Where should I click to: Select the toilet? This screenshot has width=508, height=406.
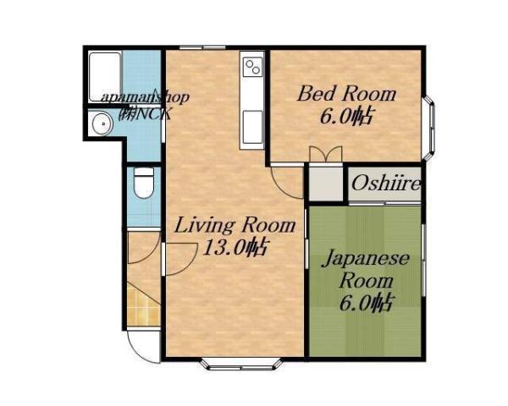click(144, 183)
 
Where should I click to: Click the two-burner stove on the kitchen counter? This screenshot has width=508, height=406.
click(252, 69)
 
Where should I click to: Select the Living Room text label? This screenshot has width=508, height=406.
click(235, 226)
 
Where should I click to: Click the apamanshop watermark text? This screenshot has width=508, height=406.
click(145, 97)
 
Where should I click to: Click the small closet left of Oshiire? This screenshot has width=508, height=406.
click(323, 183)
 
